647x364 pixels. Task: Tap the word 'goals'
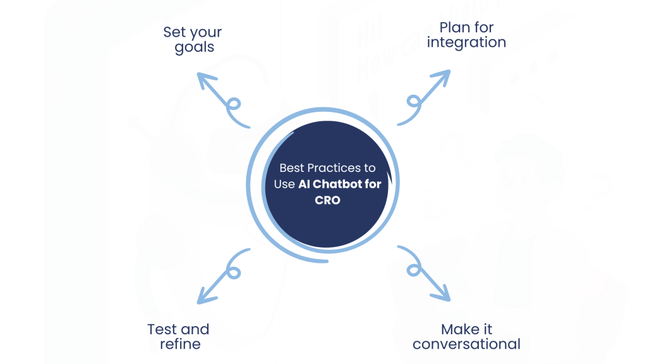[195, 47]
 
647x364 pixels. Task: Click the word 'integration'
[466, 43]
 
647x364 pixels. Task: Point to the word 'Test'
[162, 329]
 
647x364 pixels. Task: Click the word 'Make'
[457, 329]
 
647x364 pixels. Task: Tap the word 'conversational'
[466, 344]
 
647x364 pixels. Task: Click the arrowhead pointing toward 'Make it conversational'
[444, 294]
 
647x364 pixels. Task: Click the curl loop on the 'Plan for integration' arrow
[413, 101]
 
